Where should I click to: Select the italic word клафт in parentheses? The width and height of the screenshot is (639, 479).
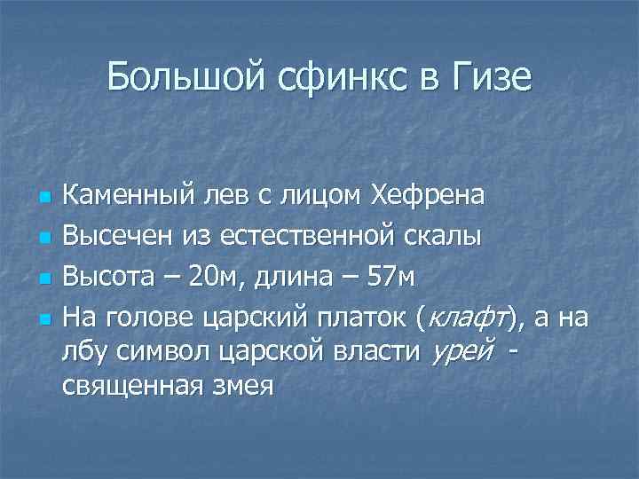tap(468, 317)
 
